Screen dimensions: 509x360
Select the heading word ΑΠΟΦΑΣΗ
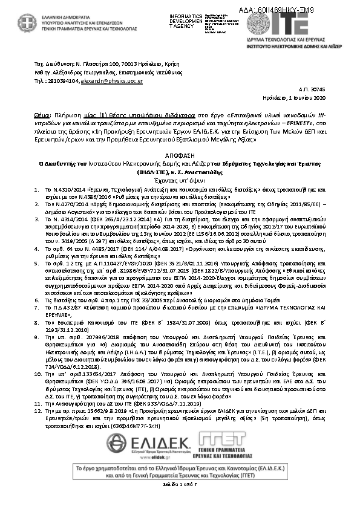180,137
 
